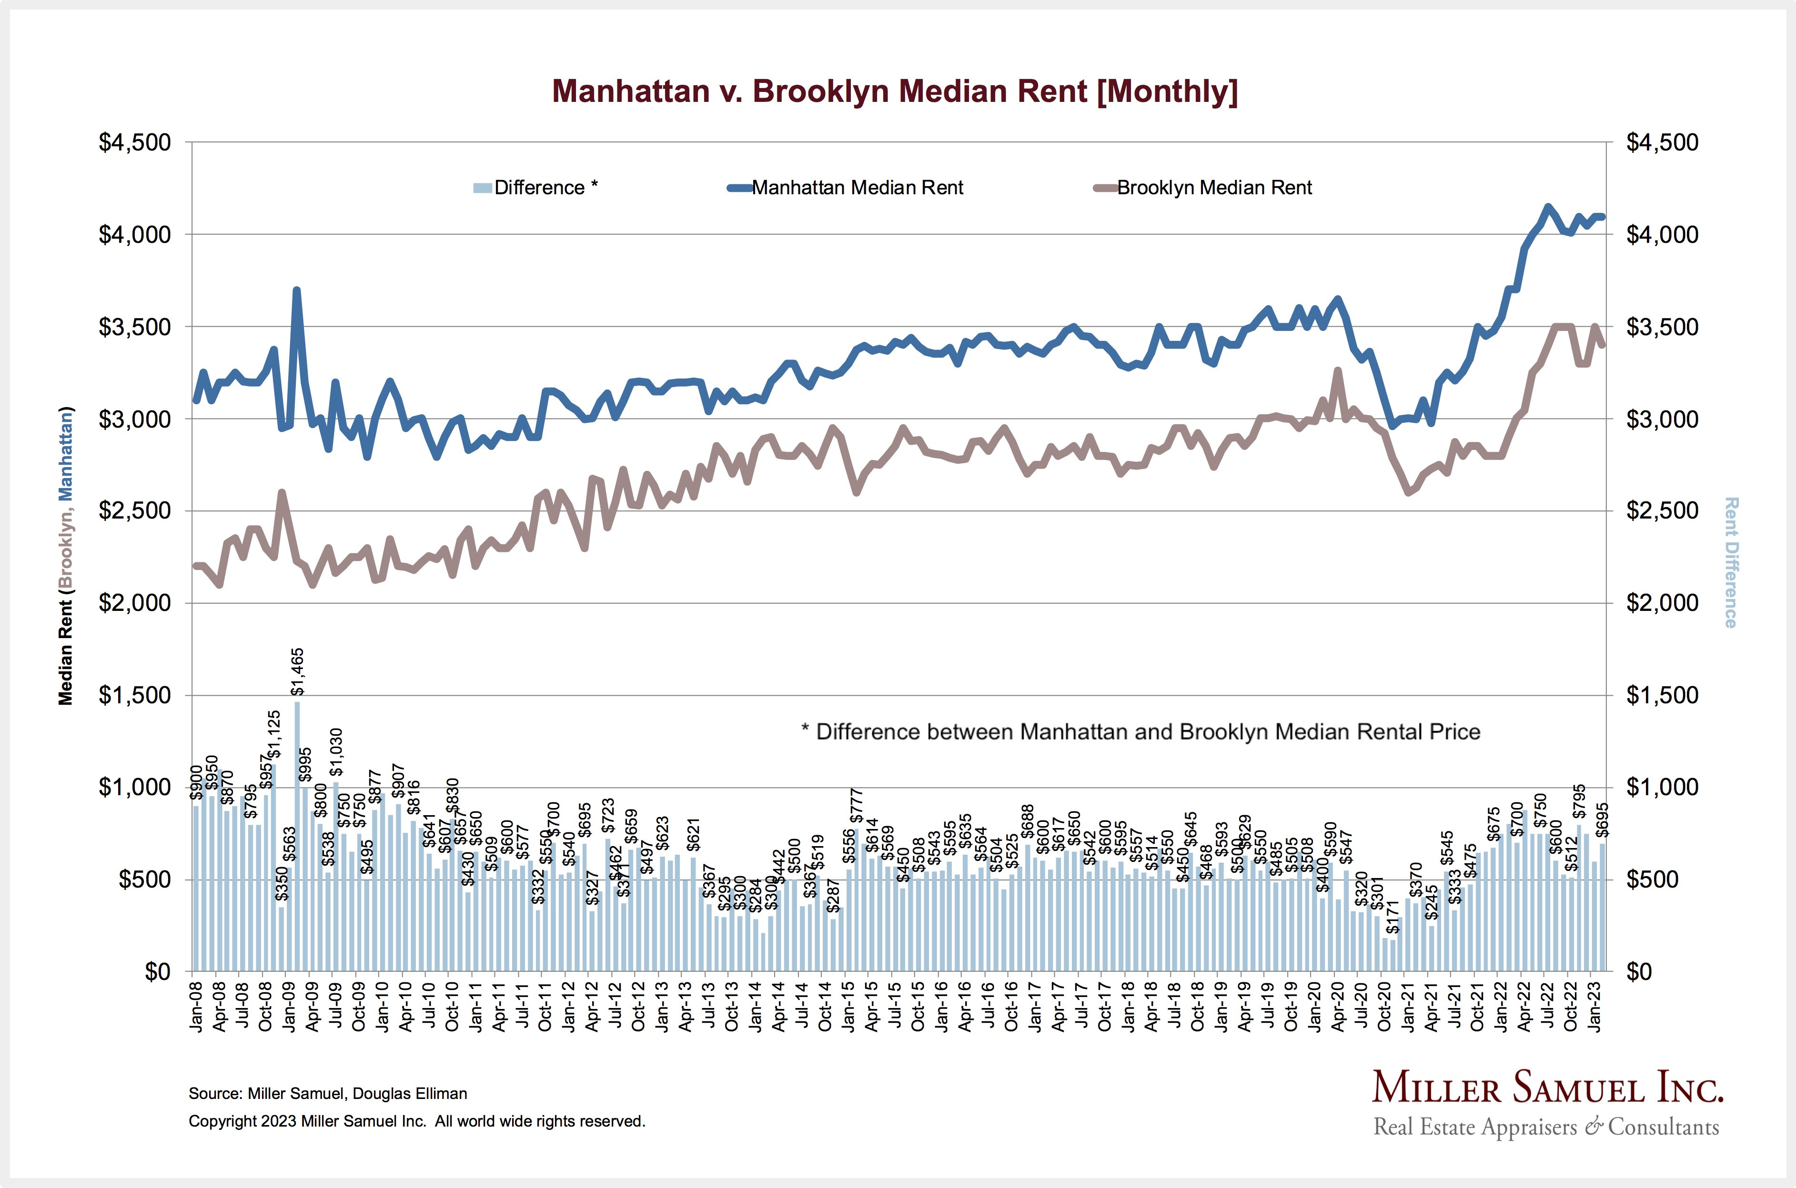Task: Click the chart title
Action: [x=894, y=91]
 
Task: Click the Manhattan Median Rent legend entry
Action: [x=857, y=188]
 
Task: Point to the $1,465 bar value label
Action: [x=298, y=672]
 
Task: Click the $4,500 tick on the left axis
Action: [x=135, y=142]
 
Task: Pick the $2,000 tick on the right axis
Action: [x=1662, y=603]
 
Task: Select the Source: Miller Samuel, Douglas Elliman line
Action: [x=327, y=1093]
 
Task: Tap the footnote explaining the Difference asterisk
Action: [x=1140, y=732]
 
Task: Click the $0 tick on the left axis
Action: [x=158, y=971]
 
